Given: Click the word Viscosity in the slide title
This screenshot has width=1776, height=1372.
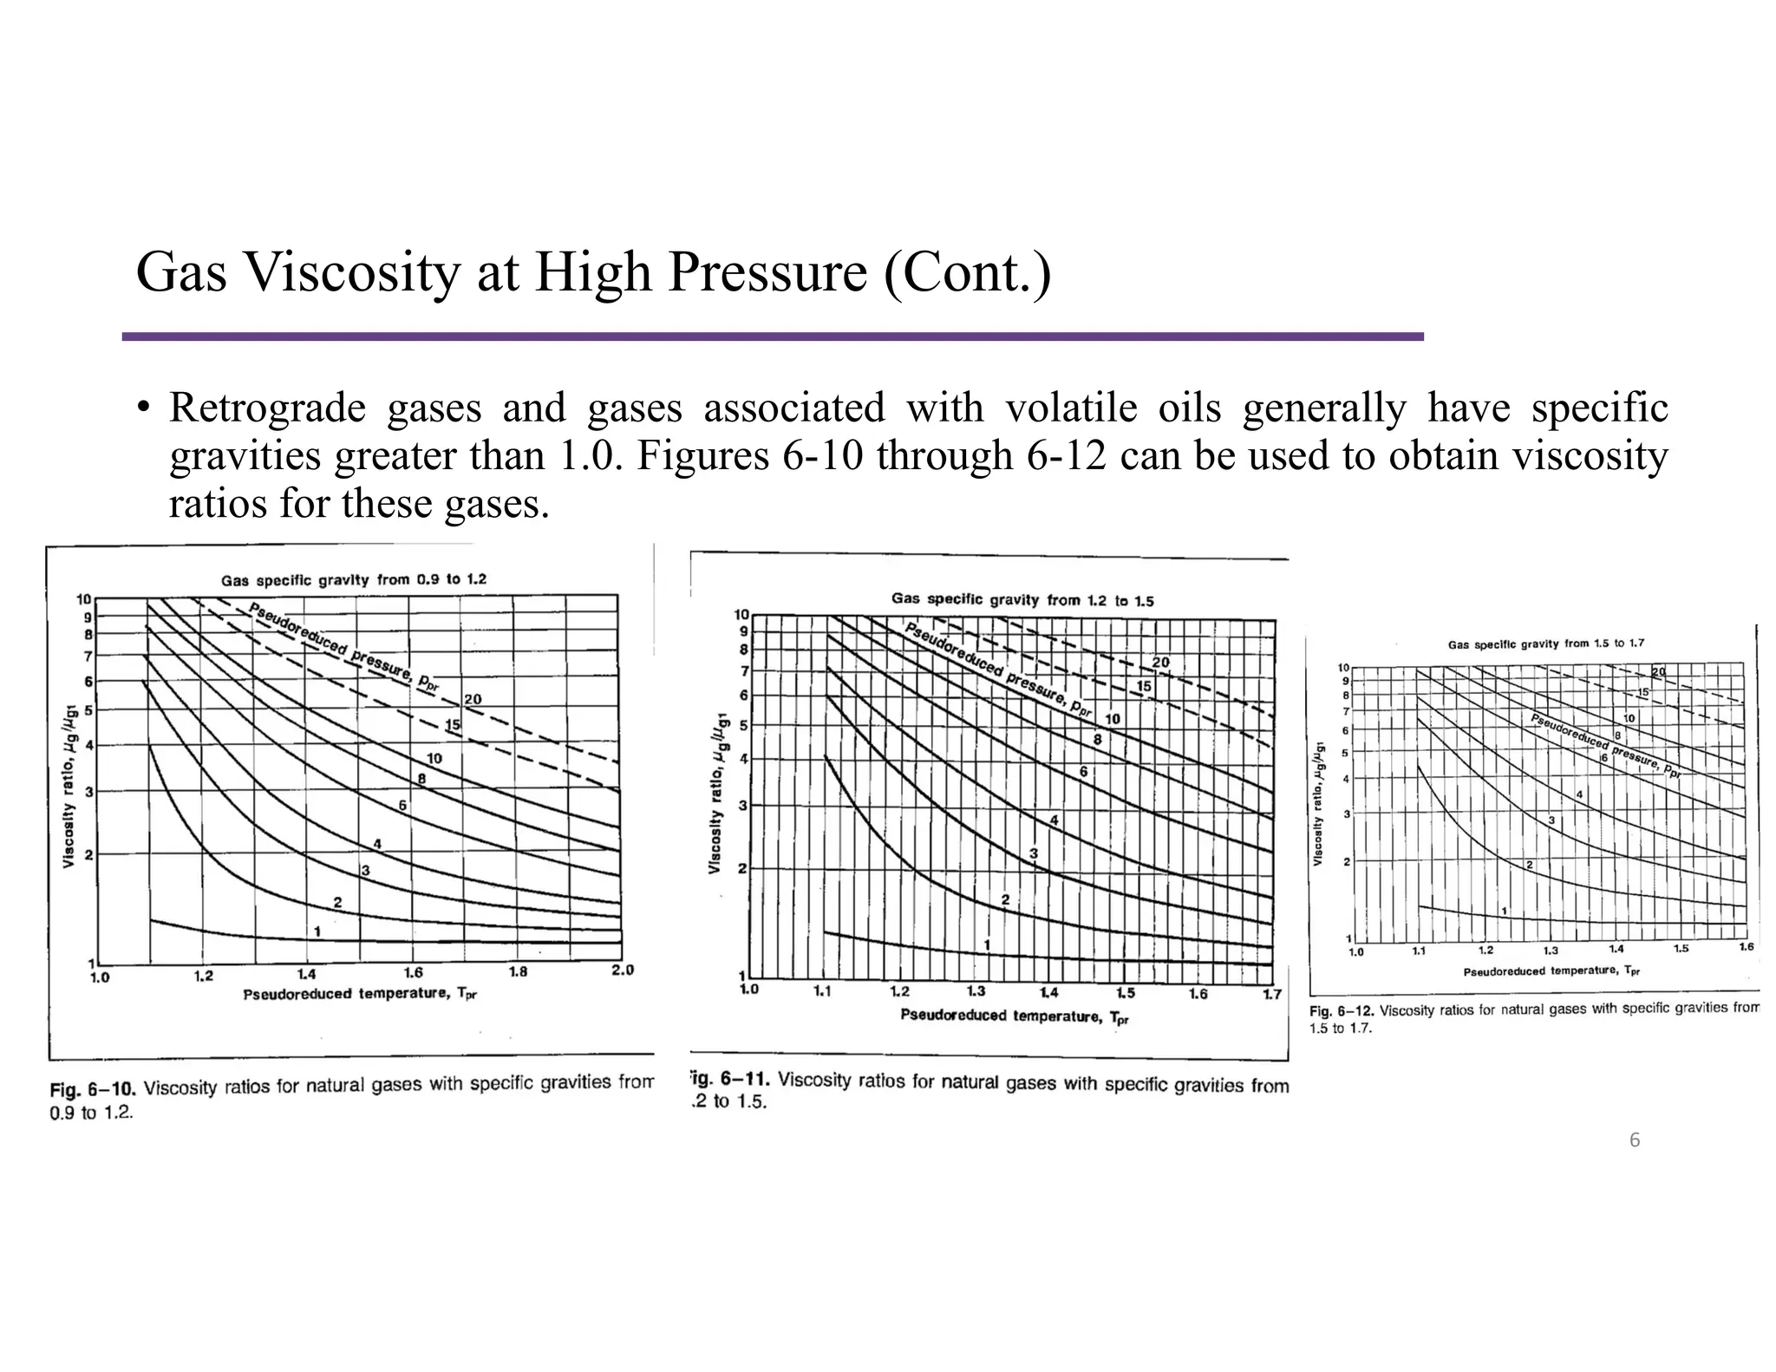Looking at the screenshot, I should (x=352, y=272).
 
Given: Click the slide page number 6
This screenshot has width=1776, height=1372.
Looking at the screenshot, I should (x=1635, y=1140).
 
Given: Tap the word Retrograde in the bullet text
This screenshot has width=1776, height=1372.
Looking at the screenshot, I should (x=267, y=408).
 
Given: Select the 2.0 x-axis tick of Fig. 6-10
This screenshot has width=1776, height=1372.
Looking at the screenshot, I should (x=623, y=970).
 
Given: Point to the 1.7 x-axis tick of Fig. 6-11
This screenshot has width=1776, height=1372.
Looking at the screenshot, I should (x=1271, y=994).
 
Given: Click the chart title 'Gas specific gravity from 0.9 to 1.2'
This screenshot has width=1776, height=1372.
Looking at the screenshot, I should (x=354, y=579).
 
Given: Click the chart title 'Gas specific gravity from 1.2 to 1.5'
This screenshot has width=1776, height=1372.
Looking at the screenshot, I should (x=1022, y=599).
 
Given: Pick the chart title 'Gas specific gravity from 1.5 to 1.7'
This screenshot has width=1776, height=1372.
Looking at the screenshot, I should (x=1546, y=644).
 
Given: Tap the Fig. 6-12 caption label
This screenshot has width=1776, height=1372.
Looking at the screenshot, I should (x=1341, y=1011).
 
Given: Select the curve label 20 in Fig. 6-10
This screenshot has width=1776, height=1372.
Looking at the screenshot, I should (x=473, y=700).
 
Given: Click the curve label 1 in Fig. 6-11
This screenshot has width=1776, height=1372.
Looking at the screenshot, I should (x=987, y=944).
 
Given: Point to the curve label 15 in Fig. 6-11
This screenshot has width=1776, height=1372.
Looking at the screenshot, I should (x=1144, y=686).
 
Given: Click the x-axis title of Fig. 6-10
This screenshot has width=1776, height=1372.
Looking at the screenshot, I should (x=360, y=994).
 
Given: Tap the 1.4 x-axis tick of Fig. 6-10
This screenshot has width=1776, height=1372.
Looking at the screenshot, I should (x=306, y=974).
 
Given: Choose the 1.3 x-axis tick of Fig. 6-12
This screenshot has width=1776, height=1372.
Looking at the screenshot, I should (x=1551, y=951).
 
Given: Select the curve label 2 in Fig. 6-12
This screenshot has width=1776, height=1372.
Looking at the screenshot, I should (x=1529, y=865).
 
